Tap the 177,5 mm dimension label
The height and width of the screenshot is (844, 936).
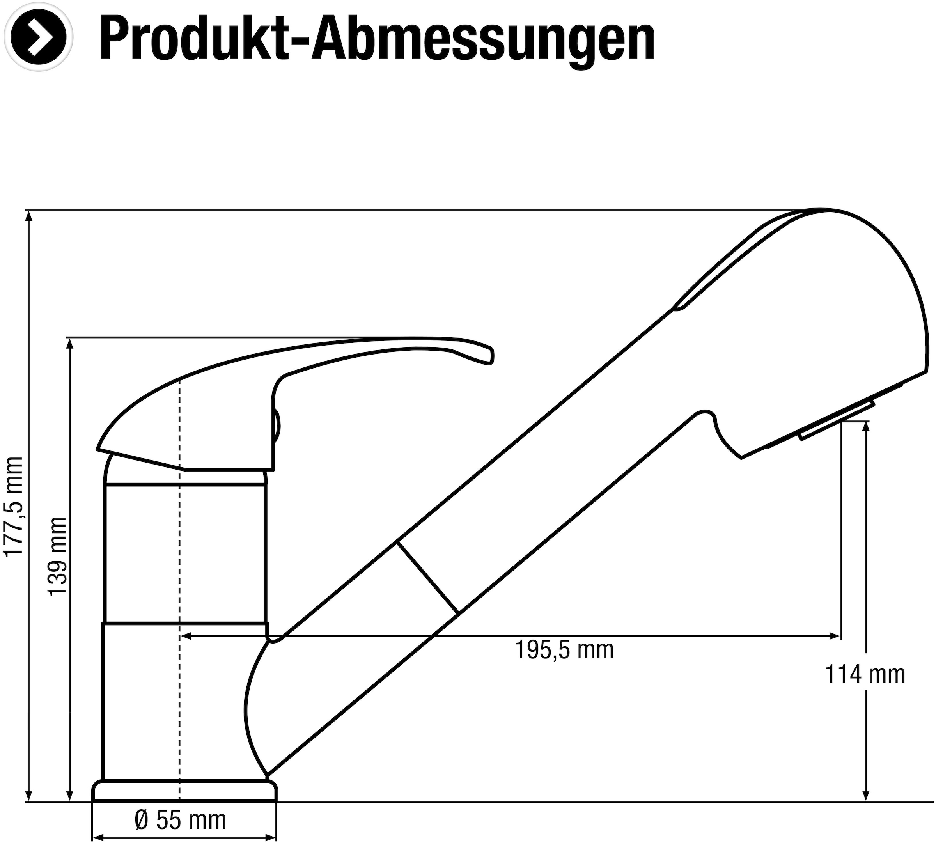[x=13, y=505]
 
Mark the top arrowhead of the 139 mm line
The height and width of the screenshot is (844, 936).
[x=70, y=343]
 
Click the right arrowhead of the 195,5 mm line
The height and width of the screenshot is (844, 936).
[x=836, y=636]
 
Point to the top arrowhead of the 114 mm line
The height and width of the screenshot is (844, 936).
[x=865, y=426]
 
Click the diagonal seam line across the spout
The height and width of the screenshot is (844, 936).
[x=427, y=577]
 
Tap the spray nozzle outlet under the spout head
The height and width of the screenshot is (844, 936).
[x=835, y=420]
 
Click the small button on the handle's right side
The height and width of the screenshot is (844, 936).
[x=276, y=426]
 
